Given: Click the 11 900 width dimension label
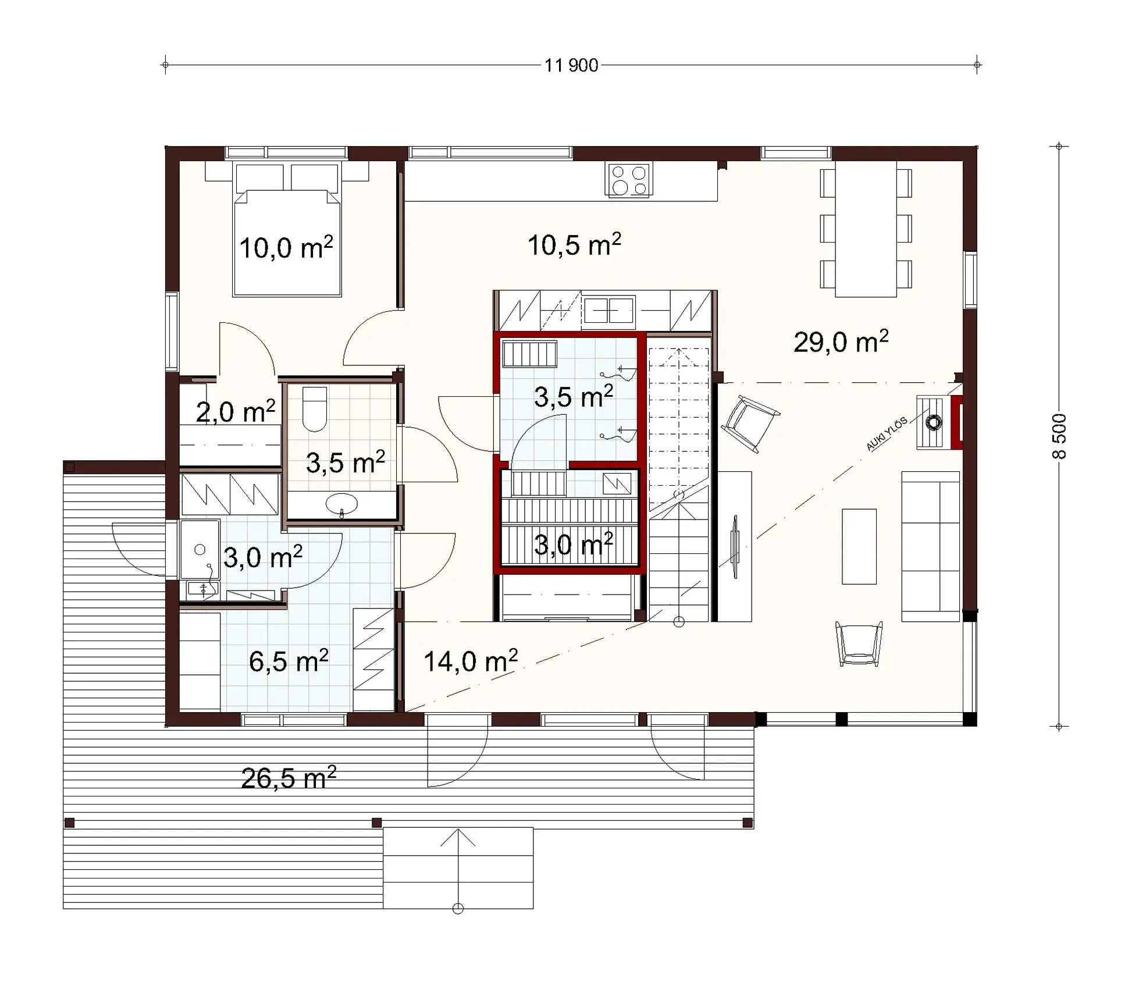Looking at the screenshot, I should (571, 66).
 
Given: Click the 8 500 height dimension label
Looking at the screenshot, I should (1059, 436).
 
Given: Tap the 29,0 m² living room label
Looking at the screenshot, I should (841, 341).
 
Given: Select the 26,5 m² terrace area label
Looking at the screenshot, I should (289, 778).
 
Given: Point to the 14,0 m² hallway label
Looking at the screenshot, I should (470, 661).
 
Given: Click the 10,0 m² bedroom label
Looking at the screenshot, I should (286, 248).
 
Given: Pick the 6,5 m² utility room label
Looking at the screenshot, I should (289, 661).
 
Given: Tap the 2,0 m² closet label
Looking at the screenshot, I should (235, 412).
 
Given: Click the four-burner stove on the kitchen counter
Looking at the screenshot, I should (629, 180).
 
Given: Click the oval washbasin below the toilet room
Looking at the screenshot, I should (341, 504).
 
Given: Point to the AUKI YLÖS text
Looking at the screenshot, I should (886, 434).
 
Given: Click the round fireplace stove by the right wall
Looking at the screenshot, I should (933, 422).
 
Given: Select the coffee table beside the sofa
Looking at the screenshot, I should (859, 546).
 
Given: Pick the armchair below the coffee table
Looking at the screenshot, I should (858, 643).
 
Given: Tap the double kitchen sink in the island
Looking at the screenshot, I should (608, 310).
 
